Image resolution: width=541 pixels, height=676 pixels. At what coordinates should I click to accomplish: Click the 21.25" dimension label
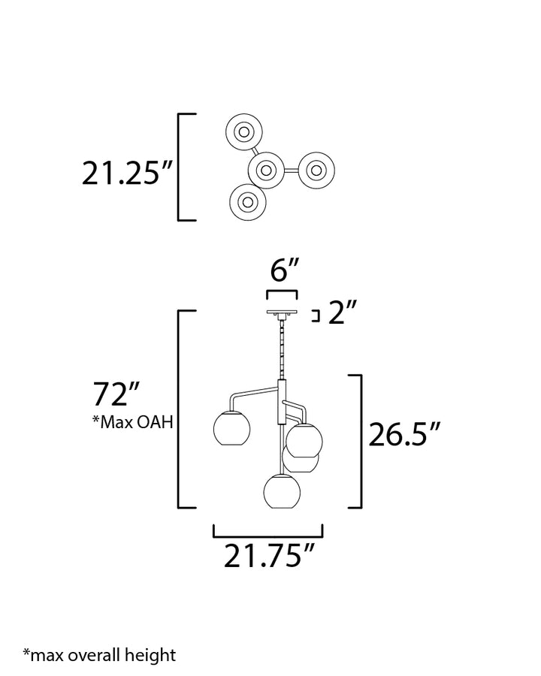pos(127,174)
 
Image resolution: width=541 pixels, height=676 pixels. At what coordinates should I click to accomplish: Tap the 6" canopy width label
pos(284,270)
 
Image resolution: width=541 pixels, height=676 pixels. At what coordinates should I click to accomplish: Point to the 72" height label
pos(116,394)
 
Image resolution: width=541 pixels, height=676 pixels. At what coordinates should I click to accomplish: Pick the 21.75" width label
pos(269,556)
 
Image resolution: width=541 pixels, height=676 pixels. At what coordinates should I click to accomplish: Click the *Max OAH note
pos(133,422)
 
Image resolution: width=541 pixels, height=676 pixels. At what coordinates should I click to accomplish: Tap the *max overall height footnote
pos(99,655)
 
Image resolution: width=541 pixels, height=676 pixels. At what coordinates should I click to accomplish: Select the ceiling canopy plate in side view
pos(283,312)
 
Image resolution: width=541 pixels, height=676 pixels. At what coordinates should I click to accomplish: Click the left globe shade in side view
pos(232,429)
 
